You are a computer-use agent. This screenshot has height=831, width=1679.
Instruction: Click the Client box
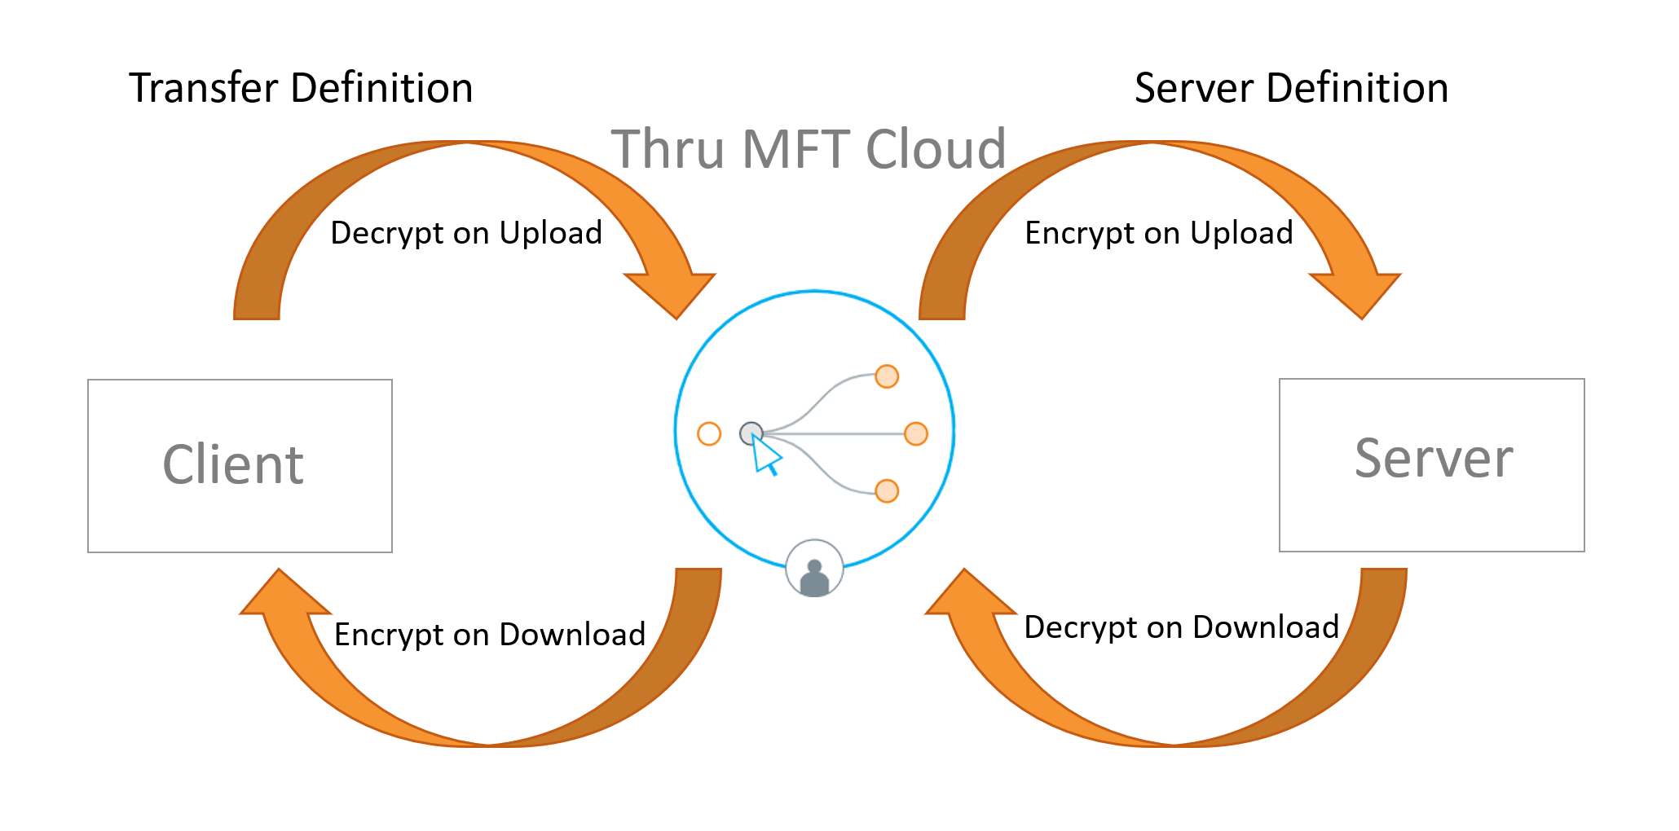[240, 465]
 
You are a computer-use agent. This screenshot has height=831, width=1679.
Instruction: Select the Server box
[1431, 464]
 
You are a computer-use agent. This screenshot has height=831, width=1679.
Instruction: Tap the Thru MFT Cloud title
[809, 149]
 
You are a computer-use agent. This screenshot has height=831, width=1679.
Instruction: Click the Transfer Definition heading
[301, 88]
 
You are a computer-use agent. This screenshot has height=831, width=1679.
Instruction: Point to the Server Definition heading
[1291, 88]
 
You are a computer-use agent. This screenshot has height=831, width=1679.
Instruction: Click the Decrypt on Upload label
[466, 233]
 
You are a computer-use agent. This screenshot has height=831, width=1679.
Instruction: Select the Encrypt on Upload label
[1158, 233]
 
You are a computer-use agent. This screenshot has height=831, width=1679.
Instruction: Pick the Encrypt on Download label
[490, 635]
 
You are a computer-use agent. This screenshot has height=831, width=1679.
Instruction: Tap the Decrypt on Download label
[1181, 627]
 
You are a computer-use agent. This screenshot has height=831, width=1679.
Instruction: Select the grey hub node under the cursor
[750, 433]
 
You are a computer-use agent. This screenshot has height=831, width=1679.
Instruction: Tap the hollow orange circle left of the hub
[709, 433]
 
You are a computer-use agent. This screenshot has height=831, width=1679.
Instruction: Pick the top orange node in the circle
[887, 376]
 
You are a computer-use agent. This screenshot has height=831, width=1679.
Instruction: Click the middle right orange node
[916, 433]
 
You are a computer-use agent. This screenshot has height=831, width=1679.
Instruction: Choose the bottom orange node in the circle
[887, 491]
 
